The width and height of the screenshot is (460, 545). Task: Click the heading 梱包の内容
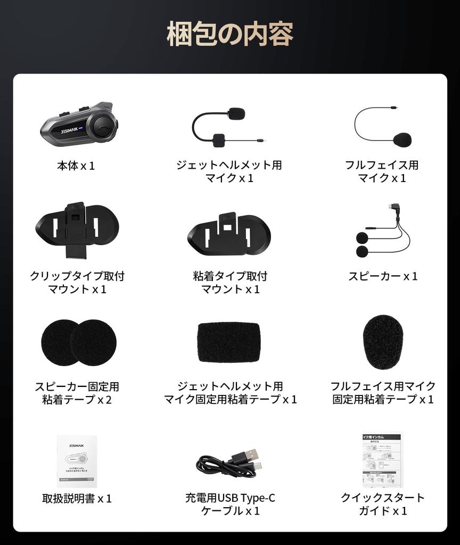(230, 35)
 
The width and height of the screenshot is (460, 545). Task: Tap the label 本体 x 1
(76, 166)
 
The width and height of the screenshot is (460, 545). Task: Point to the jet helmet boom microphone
(224, 128)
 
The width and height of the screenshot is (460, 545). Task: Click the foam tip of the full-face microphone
(402, 139)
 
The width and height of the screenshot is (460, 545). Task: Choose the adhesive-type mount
(229, 234)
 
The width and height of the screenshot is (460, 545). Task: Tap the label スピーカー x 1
(383, 276)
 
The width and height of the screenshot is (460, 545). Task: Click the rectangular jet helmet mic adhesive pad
(229, 342)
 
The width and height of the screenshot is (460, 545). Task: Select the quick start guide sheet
(383, 460)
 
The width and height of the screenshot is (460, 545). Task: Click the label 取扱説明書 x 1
(77, 499)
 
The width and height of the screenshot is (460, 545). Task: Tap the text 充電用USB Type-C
(230, 498)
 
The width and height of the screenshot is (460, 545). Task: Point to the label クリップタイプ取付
(77, 276)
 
